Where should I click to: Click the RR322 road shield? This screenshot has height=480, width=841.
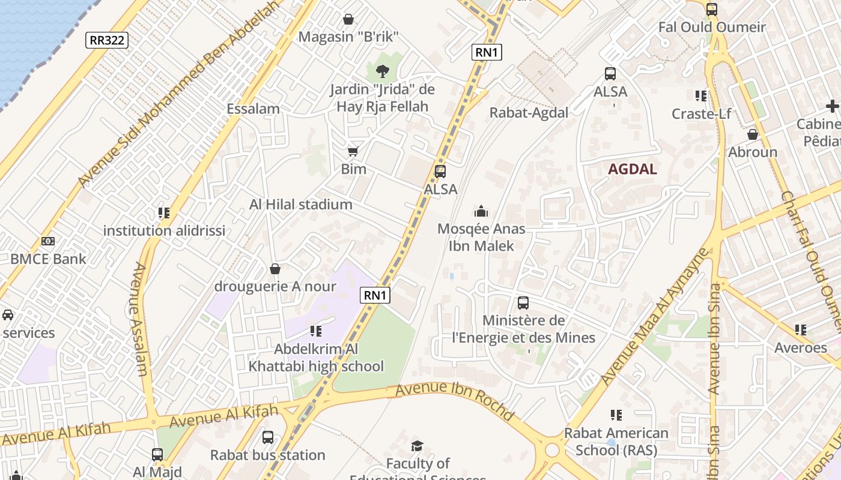[107, 40]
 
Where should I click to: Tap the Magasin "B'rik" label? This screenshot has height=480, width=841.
[348, 37]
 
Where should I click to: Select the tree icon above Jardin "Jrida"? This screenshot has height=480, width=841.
[382, 72]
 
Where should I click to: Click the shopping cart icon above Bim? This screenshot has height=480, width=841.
[353, 151]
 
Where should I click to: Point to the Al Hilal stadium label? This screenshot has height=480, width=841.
[300, 205]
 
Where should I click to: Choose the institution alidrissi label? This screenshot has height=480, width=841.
[164, 230]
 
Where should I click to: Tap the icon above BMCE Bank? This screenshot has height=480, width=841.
[48, 241]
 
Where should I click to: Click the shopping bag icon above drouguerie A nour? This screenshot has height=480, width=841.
[275, 269]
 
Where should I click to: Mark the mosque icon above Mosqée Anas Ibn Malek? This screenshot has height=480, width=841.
[481, 211]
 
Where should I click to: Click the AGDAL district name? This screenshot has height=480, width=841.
[632, 169]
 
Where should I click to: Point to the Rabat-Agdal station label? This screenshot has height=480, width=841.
[529, 113]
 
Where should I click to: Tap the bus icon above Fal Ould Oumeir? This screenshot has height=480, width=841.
[712, 9]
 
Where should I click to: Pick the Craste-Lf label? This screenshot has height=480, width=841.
[701, 114]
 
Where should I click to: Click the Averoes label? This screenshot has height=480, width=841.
[800, 348]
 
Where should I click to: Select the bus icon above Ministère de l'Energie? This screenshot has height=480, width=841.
[523, 303]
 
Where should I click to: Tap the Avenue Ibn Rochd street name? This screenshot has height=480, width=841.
[455, 401]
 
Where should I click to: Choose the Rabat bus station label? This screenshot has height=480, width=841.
[267, 455]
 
